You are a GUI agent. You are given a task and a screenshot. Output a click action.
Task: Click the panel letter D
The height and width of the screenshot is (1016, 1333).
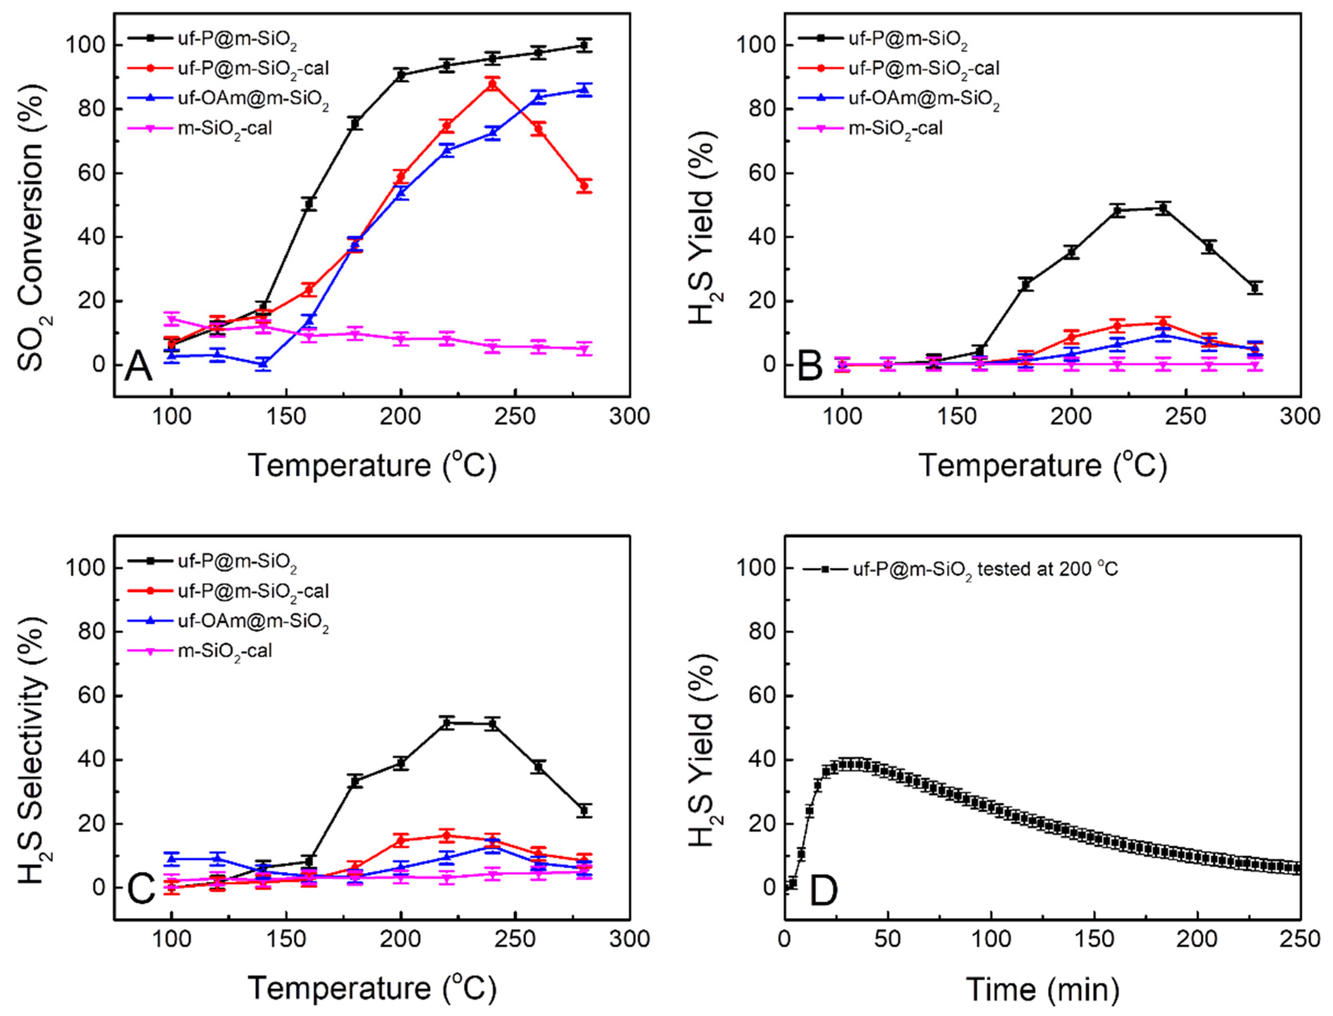(x=823, y=889)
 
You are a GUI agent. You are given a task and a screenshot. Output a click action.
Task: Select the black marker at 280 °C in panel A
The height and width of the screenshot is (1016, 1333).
(x=583, y=46)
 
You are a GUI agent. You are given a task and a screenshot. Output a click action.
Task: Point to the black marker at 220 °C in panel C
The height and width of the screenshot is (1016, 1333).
(x=447, y=723)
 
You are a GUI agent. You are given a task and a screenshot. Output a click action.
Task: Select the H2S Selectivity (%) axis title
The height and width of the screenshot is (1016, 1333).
(x=31, y=750)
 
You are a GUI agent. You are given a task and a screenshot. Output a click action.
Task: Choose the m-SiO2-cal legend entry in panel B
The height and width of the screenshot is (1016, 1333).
(x=896, y=128)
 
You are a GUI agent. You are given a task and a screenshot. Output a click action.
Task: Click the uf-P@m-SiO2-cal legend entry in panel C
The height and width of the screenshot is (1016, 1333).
(x=253, y=591)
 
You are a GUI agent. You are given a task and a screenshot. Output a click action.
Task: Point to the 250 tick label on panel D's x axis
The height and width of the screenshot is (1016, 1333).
(x=1300, y=939)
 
